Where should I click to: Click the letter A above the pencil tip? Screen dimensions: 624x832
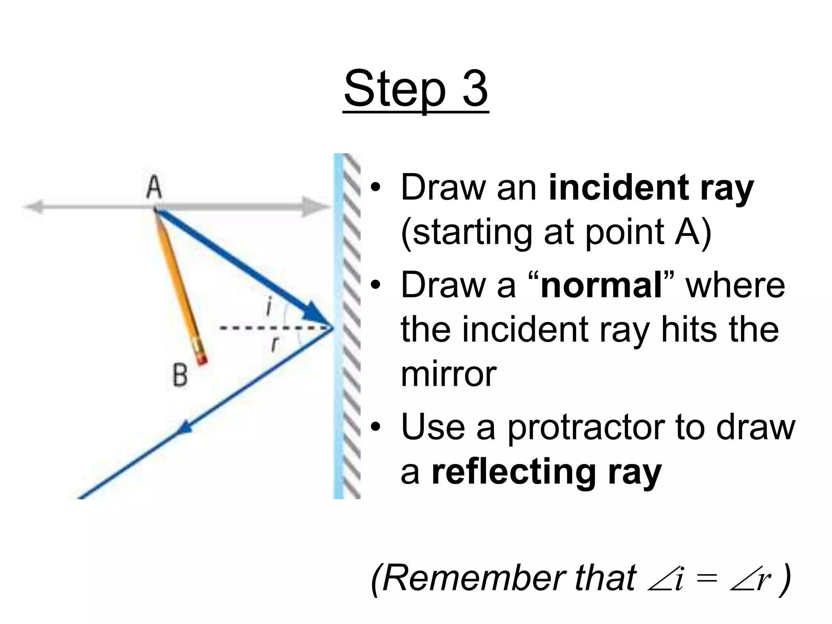[x=154, y=188]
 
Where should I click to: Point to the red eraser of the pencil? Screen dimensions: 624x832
[x=202, y=360]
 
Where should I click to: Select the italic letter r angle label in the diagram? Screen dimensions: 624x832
[x=275, y=344]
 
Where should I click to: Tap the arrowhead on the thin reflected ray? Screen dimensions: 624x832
[x=185, y=427]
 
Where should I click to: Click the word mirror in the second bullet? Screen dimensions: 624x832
[x=448, y=375]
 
